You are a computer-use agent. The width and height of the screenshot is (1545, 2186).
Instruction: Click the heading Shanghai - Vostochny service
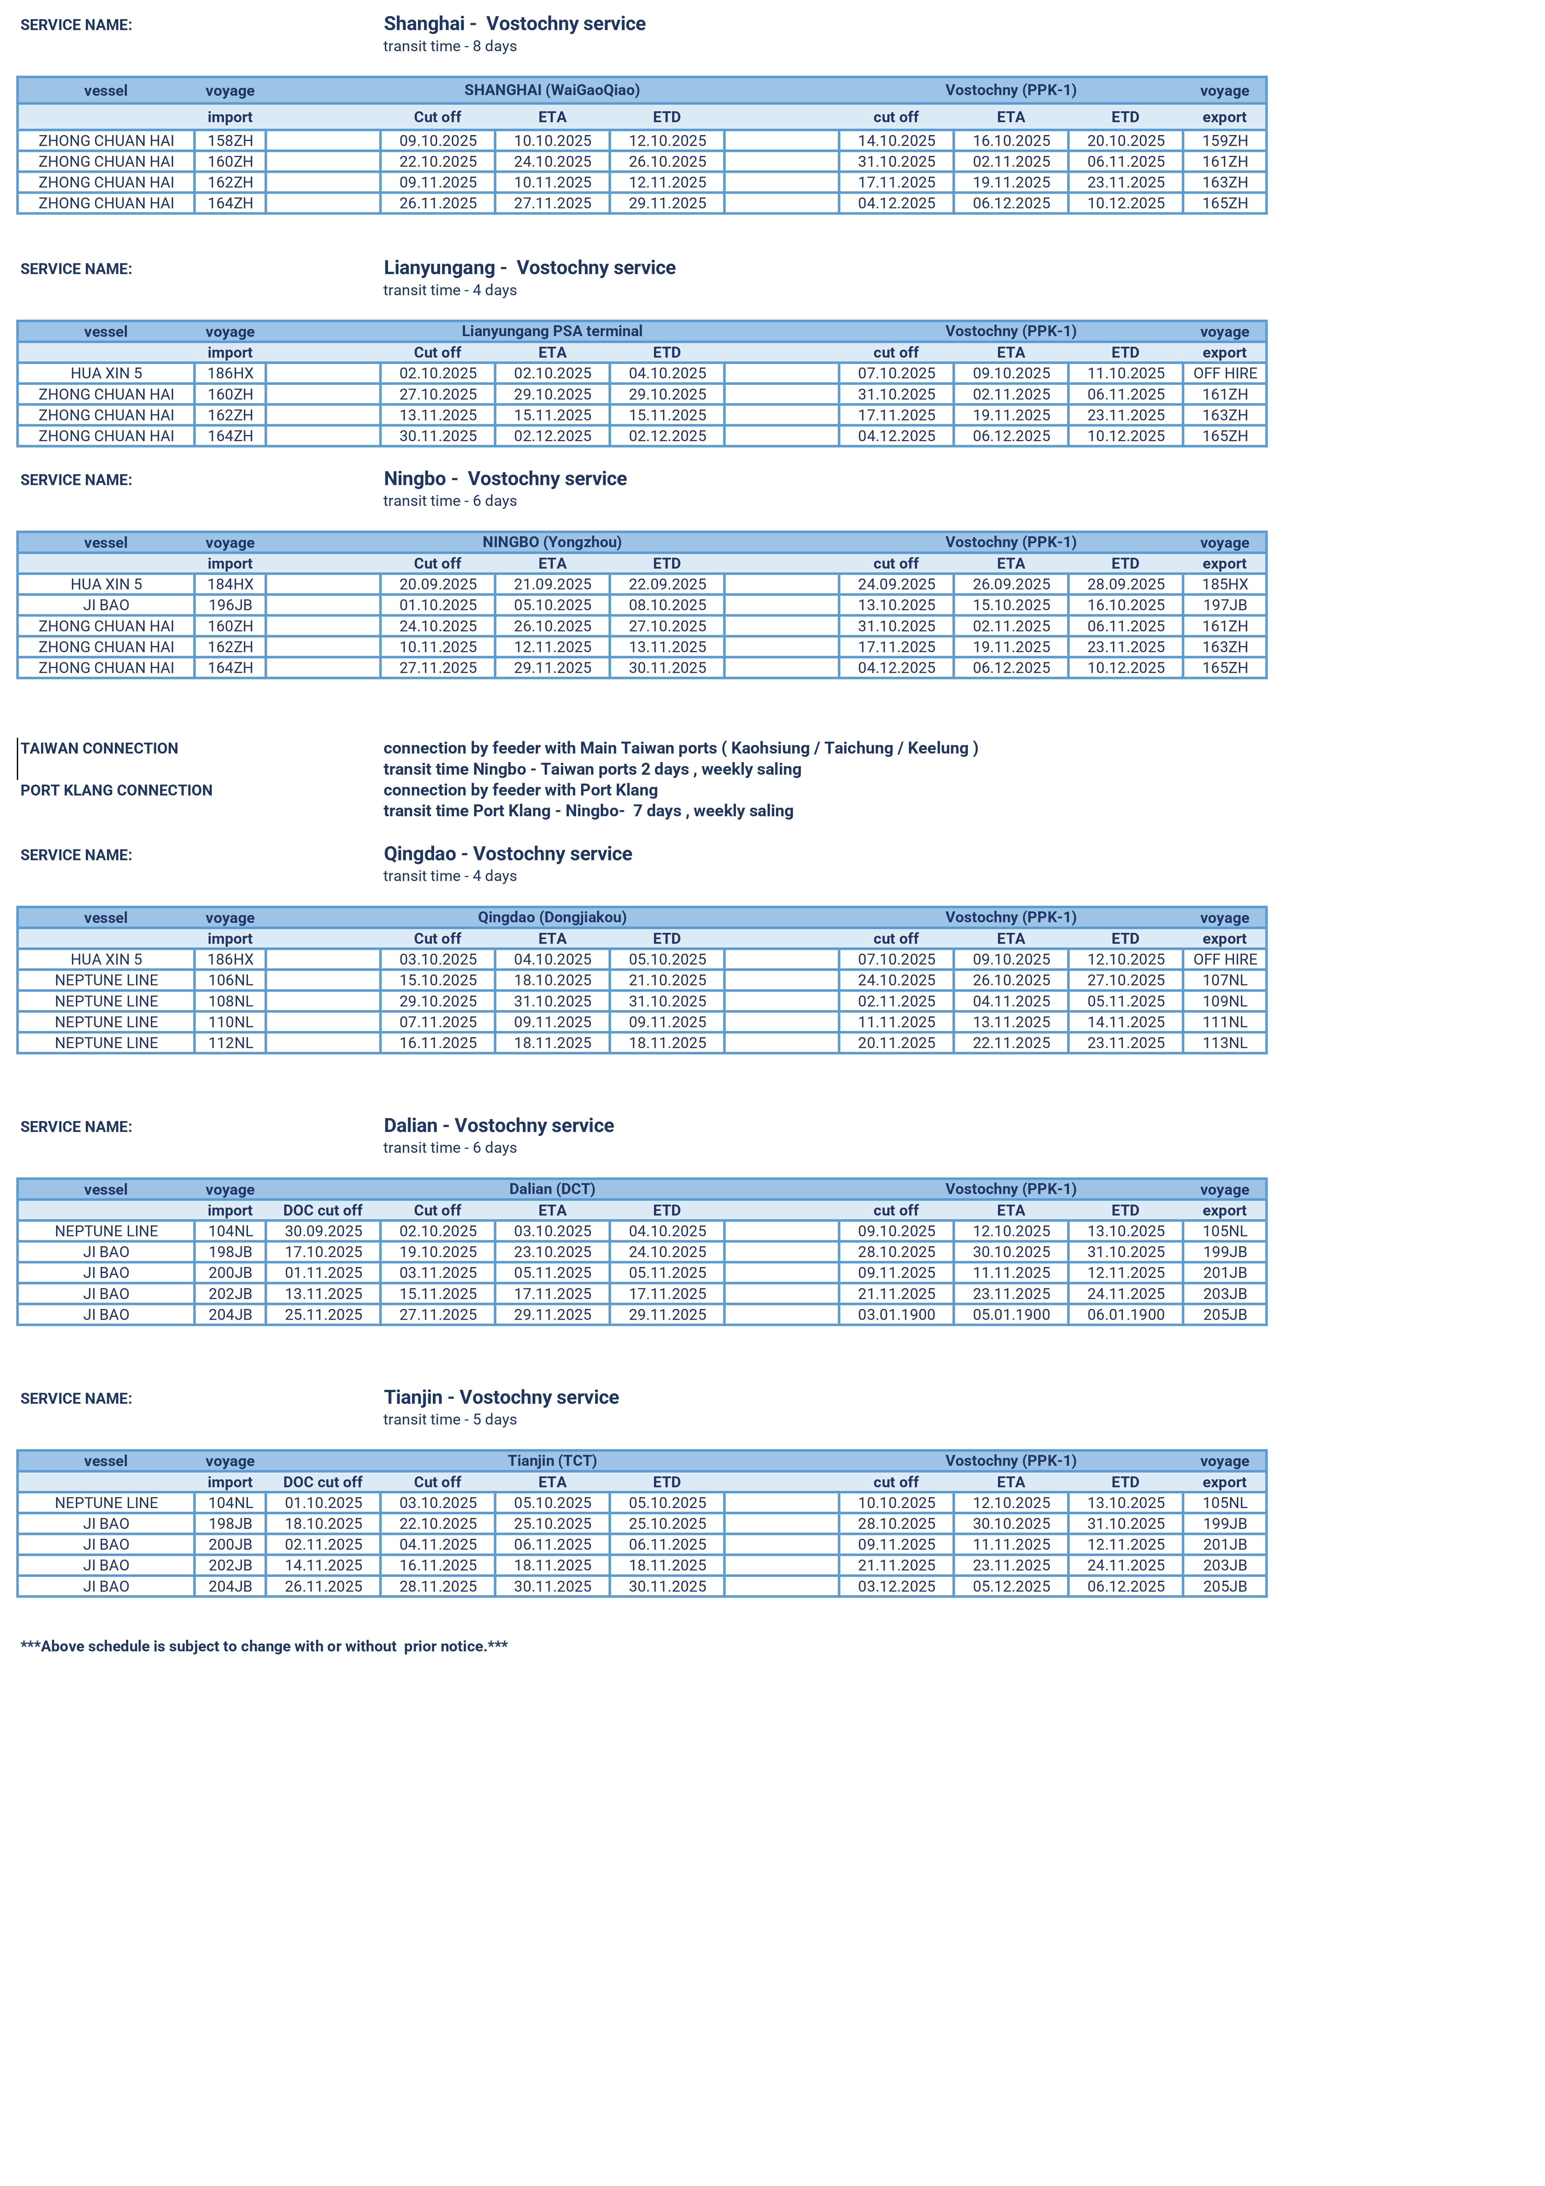coord(514,24)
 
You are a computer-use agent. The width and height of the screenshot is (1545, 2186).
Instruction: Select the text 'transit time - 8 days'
coord(449,47)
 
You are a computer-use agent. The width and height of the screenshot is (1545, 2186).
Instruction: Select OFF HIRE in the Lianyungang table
coord(1224,373)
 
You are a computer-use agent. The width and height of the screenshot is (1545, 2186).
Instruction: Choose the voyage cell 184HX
coord(230,584)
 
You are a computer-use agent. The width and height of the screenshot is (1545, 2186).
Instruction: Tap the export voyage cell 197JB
coord(1224,606)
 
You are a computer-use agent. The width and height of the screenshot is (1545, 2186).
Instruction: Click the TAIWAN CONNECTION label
coord(99,748)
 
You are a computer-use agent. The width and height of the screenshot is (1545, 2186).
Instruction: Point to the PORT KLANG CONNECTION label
coord(116,790)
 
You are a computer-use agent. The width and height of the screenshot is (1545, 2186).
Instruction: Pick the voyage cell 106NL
coord(230,981)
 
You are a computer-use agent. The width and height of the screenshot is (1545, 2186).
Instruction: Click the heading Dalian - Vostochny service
coord(499,1125)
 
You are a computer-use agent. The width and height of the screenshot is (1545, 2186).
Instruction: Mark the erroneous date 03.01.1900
coord(896,1315)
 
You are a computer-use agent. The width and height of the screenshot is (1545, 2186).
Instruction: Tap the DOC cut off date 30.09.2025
coord(324,1231)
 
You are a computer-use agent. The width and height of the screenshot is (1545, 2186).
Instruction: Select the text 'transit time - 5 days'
coord(449,1420)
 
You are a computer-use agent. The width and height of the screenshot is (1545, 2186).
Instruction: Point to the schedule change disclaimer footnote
coord(264,1646)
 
